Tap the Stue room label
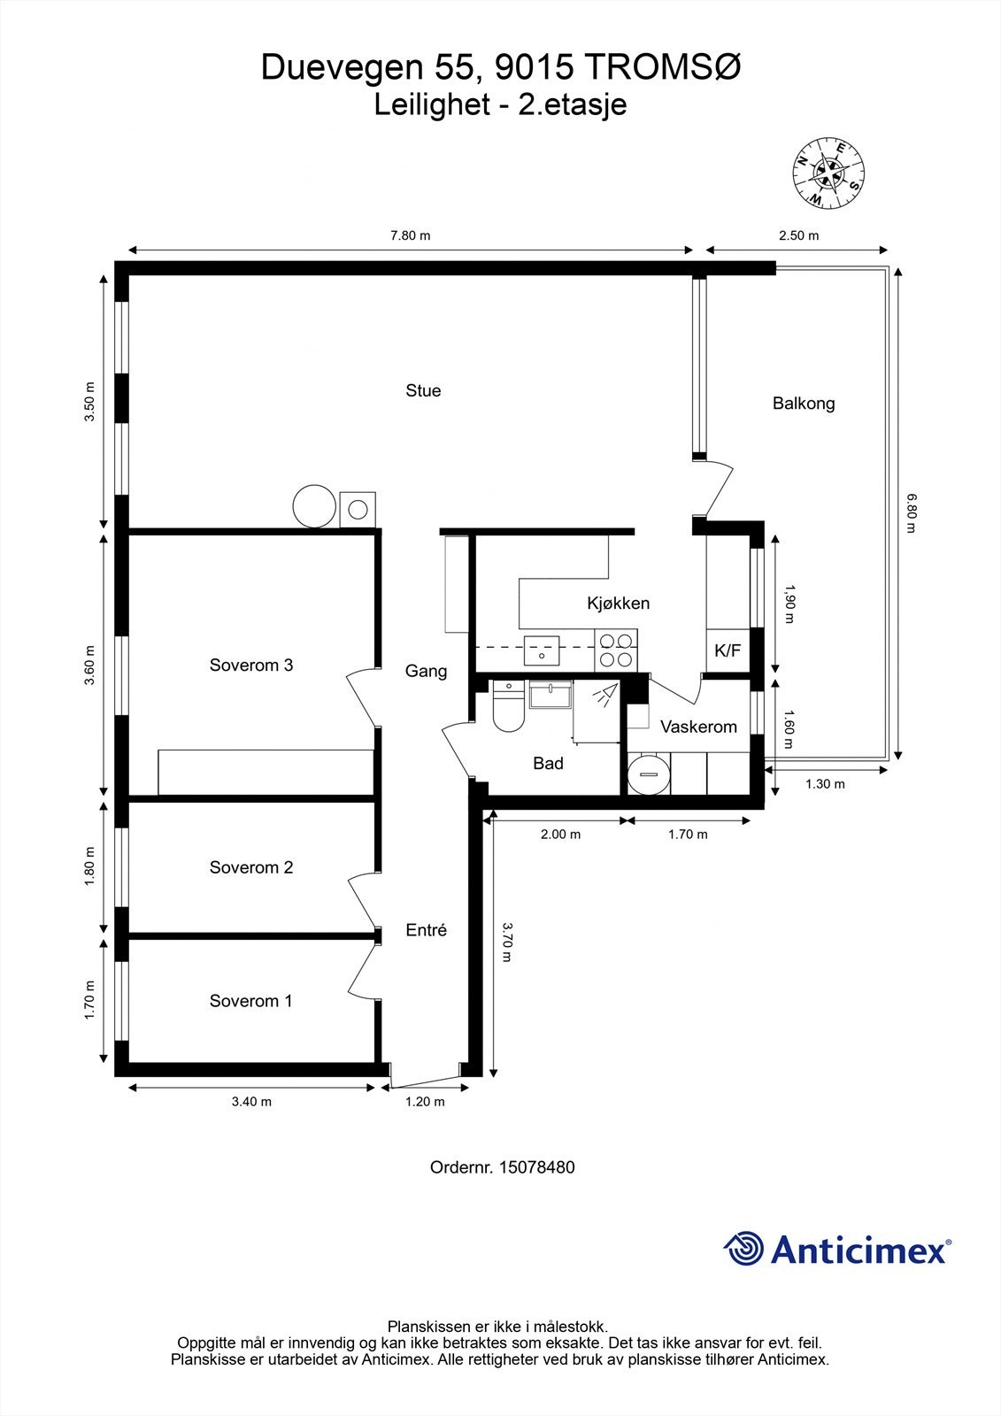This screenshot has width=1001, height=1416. click(x=423, y=390)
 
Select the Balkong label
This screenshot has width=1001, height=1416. click(x=804, y=404)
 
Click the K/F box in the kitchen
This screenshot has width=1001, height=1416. click(x=728, y=651)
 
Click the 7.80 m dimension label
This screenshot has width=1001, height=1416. click(x=411, y=235)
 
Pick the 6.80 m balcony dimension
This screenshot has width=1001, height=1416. click(x=911, y=514)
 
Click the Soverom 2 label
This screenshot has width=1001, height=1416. click(x=250, y=867)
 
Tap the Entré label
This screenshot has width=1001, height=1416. click(x=426, y=930)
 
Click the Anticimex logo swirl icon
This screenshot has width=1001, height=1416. click(x=743, y=1249)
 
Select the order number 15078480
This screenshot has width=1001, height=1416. click(x=536, y=1167)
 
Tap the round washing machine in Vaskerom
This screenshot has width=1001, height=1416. click(x=650, y=774)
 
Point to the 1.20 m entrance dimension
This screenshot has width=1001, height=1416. click(x=425, y=1102)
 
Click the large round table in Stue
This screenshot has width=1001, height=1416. click(x=314, y=506)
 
